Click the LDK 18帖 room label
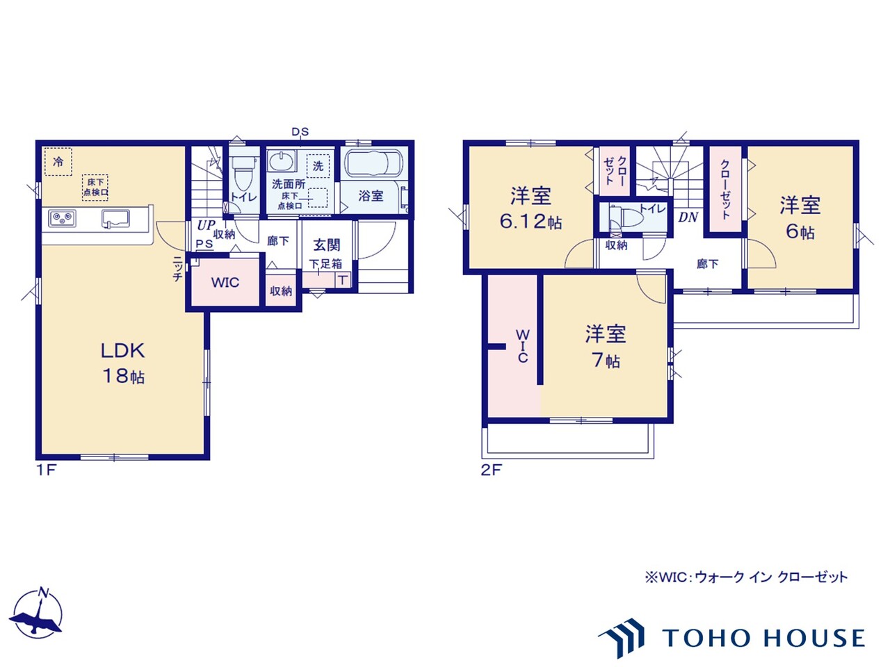click(123, 363)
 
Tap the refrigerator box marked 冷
click(58, 162)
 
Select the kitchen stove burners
click(62, 218)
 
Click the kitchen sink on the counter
click(115, 219)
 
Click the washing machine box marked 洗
click(318, 166)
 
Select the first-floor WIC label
click(225, 282)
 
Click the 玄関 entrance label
click(326, 245)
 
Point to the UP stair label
click(206, 225)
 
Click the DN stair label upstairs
click(688, 217)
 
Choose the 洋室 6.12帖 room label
click(531, 208)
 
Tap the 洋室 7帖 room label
click(606, 346)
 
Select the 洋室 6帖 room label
click(800, 218)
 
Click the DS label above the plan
click(300, 131)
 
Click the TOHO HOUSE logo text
click(764, 638)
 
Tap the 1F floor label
click(47, 470)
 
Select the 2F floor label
click(492, 470)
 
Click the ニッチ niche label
click(177, 269)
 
